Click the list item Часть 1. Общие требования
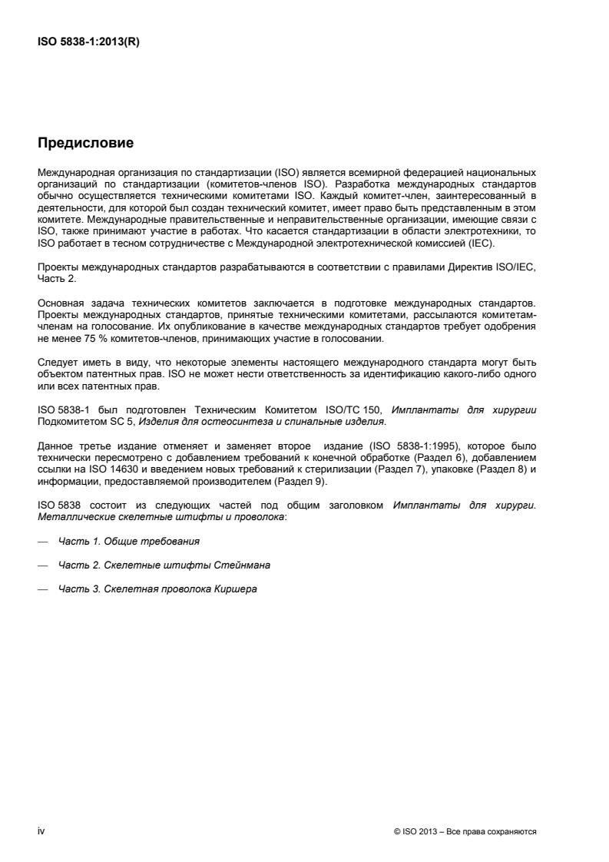128,542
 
